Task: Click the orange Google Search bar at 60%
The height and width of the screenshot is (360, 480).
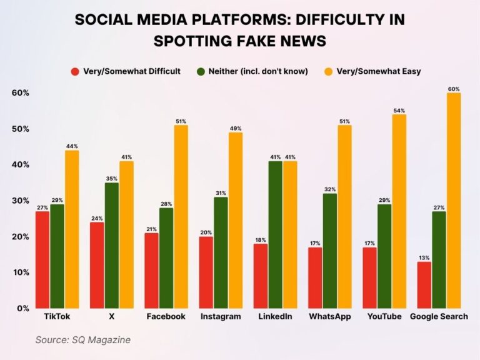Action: coord(454,200)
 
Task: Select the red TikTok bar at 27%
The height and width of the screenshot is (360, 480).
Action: coord(42,259)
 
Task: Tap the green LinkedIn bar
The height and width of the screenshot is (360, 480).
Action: coord(275,234)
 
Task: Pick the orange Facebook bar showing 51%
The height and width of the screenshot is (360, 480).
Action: coord(181,216)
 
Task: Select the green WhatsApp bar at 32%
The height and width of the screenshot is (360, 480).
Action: coord(329,251)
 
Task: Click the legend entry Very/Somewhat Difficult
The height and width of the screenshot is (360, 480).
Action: coord(131,71)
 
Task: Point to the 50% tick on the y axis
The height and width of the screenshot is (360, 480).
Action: coord(21,129)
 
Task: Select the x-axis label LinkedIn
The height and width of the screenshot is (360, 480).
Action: coord(275,317)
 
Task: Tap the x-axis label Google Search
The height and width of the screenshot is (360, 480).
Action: coord(439,317)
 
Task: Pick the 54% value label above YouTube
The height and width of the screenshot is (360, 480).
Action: coord(399,110)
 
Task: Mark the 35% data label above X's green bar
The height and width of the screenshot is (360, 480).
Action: coord(112,178)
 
